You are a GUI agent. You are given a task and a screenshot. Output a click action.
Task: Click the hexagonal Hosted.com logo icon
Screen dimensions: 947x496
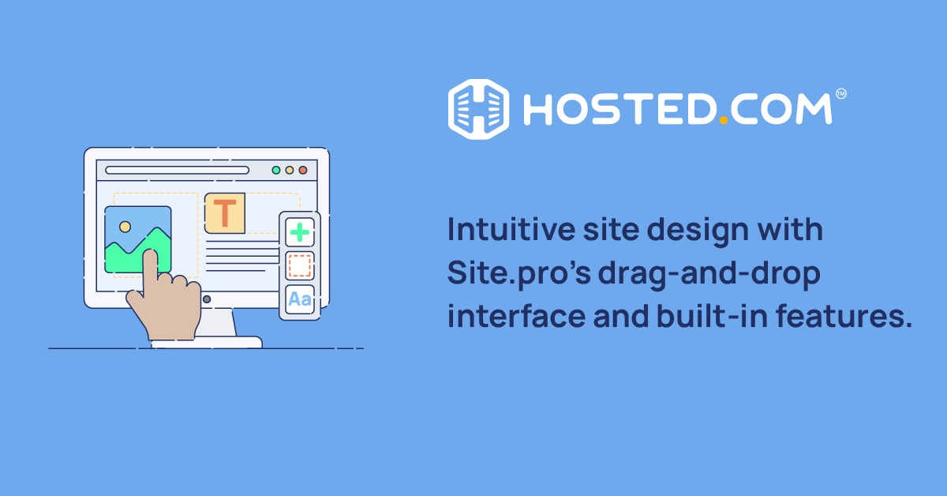tap(478, 109)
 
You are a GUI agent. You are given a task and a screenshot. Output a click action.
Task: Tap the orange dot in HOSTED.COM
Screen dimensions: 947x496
tap(724, 120)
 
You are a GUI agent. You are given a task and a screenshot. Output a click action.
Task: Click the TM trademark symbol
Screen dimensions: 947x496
tap(841, 93)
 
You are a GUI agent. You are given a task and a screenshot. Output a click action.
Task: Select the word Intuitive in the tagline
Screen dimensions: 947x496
tap(511, 229)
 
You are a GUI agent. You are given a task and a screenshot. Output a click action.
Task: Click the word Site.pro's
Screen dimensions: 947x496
tap(518, 274)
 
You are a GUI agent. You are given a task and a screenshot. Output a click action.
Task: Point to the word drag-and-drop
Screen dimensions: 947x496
tap(709, 274)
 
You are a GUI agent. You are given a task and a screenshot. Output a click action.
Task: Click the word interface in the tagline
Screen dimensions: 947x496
tap(516, 316)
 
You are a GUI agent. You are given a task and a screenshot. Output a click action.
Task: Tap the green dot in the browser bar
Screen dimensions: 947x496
tap(276, 170)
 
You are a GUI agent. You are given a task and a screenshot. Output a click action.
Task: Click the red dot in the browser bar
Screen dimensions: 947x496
tap(303, 170)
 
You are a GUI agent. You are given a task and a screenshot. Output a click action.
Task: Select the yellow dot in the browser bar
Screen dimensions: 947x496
tap(290, 170)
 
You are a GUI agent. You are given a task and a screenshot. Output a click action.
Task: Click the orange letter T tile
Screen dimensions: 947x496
tap(225, 213)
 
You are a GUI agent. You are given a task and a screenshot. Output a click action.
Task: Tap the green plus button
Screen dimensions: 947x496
tap(300, 232)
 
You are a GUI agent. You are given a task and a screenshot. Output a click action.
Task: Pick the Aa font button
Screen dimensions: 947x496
tap(300, 299)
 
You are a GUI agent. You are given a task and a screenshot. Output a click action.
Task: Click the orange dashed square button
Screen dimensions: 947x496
tap(300, 266)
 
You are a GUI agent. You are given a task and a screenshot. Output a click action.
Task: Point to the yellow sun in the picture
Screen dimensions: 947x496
tap(125, 227)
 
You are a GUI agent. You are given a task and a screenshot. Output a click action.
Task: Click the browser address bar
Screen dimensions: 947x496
tap(177, 170)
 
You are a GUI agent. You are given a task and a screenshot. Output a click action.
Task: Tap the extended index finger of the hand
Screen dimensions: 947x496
tap(150, 271)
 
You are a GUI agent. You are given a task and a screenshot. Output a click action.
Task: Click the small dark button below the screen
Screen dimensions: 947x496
tap(207, 299)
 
